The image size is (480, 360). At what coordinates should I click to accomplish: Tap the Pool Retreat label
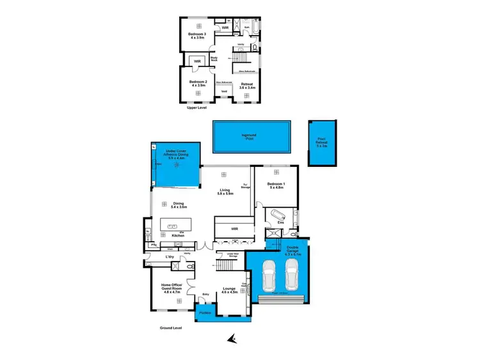[317, 143]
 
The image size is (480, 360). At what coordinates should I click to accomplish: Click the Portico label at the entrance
[205, 313]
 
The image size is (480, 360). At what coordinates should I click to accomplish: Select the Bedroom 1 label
[276, 186]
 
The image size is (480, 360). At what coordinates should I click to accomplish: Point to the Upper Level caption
[196, 107]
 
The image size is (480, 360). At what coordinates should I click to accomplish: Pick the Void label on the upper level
[224, 91]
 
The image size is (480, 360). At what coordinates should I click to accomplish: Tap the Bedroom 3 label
[197, 35]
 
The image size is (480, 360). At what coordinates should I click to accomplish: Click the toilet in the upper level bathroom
[254, 48]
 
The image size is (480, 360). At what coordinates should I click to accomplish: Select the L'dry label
[170, 256]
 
